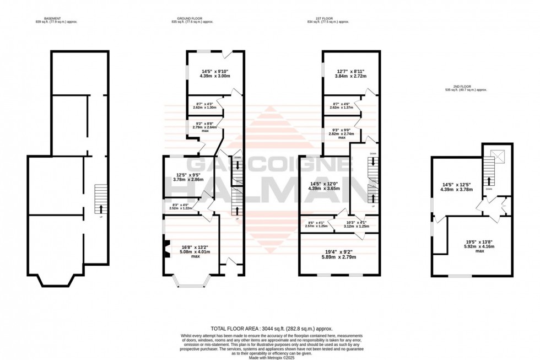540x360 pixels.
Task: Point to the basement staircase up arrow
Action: coord(101,208)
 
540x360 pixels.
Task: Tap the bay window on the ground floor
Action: coord(191,281)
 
